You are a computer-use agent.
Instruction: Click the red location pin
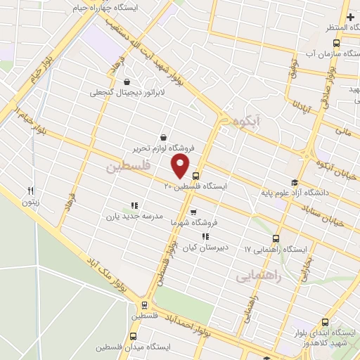pos(181,165)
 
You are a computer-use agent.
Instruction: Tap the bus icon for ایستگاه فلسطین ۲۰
pos(195,176)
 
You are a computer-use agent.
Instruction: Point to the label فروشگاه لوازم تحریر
pos(164,148)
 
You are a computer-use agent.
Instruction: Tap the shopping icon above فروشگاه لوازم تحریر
pos(164,137)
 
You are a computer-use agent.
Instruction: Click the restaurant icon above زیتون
pos(30,190)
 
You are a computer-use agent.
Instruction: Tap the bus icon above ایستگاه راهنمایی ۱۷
pos(276,238)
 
